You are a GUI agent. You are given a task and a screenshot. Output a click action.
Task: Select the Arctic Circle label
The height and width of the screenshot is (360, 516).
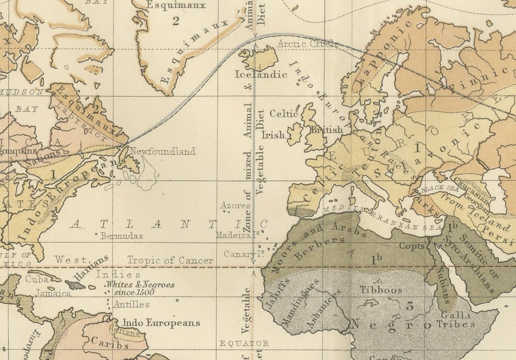(x=308, y=44)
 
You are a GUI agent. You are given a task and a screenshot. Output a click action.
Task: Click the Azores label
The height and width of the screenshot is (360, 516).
(x=232, y=206)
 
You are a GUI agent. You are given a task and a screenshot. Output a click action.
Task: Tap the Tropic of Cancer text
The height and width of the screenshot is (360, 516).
(x=170, y=260)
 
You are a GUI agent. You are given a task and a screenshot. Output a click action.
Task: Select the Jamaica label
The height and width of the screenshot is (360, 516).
(x=53, y=293)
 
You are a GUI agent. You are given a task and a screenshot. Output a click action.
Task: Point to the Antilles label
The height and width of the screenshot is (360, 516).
(x=132, y=304)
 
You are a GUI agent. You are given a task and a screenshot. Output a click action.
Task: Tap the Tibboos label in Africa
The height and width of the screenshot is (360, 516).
(x=381, y=290)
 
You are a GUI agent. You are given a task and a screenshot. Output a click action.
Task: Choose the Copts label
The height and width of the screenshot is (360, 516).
(x=412, y=246)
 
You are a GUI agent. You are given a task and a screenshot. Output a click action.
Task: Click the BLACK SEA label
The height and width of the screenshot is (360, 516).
(x=437, y=190)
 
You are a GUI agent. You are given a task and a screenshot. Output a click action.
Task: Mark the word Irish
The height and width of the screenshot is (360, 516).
(x=273, y=135)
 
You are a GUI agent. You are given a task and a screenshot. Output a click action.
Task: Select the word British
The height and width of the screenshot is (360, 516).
(x=325, y=130)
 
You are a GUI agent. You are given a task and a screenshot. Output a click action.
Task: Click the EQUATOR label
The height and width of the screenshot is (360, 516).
(x=244, y=343)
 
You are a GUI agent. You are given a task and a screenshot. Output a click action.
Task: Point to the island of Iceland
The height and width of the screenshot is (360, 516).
(x=261, y=58)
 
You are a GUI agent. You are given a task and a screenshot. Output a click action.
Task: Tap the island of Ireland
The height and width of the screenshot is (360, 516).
(x=295, y=133)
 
